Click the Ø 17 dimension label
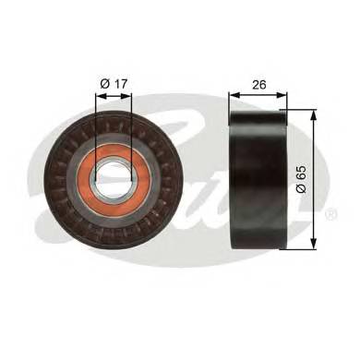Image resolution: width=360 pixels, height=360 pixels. click(x=114, y=84)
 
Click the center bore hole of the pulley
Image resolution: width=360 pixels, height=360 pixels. click(x=114, y=176)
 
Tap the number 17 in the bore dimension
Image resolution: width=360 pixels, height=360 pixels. click(x=119, y=84)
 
